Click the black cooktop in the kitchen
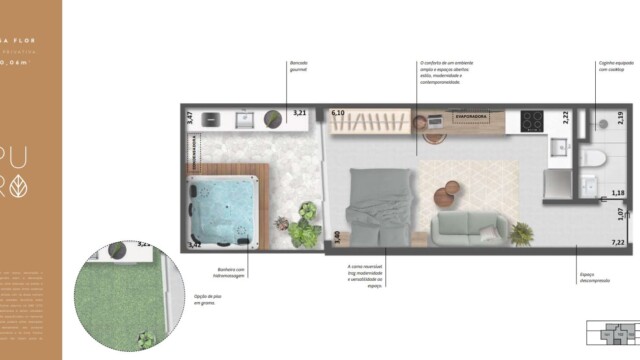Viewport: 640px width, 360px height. (x=529, y=120)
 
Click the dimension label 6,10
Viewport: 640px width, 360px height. (x=337, y=114)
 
